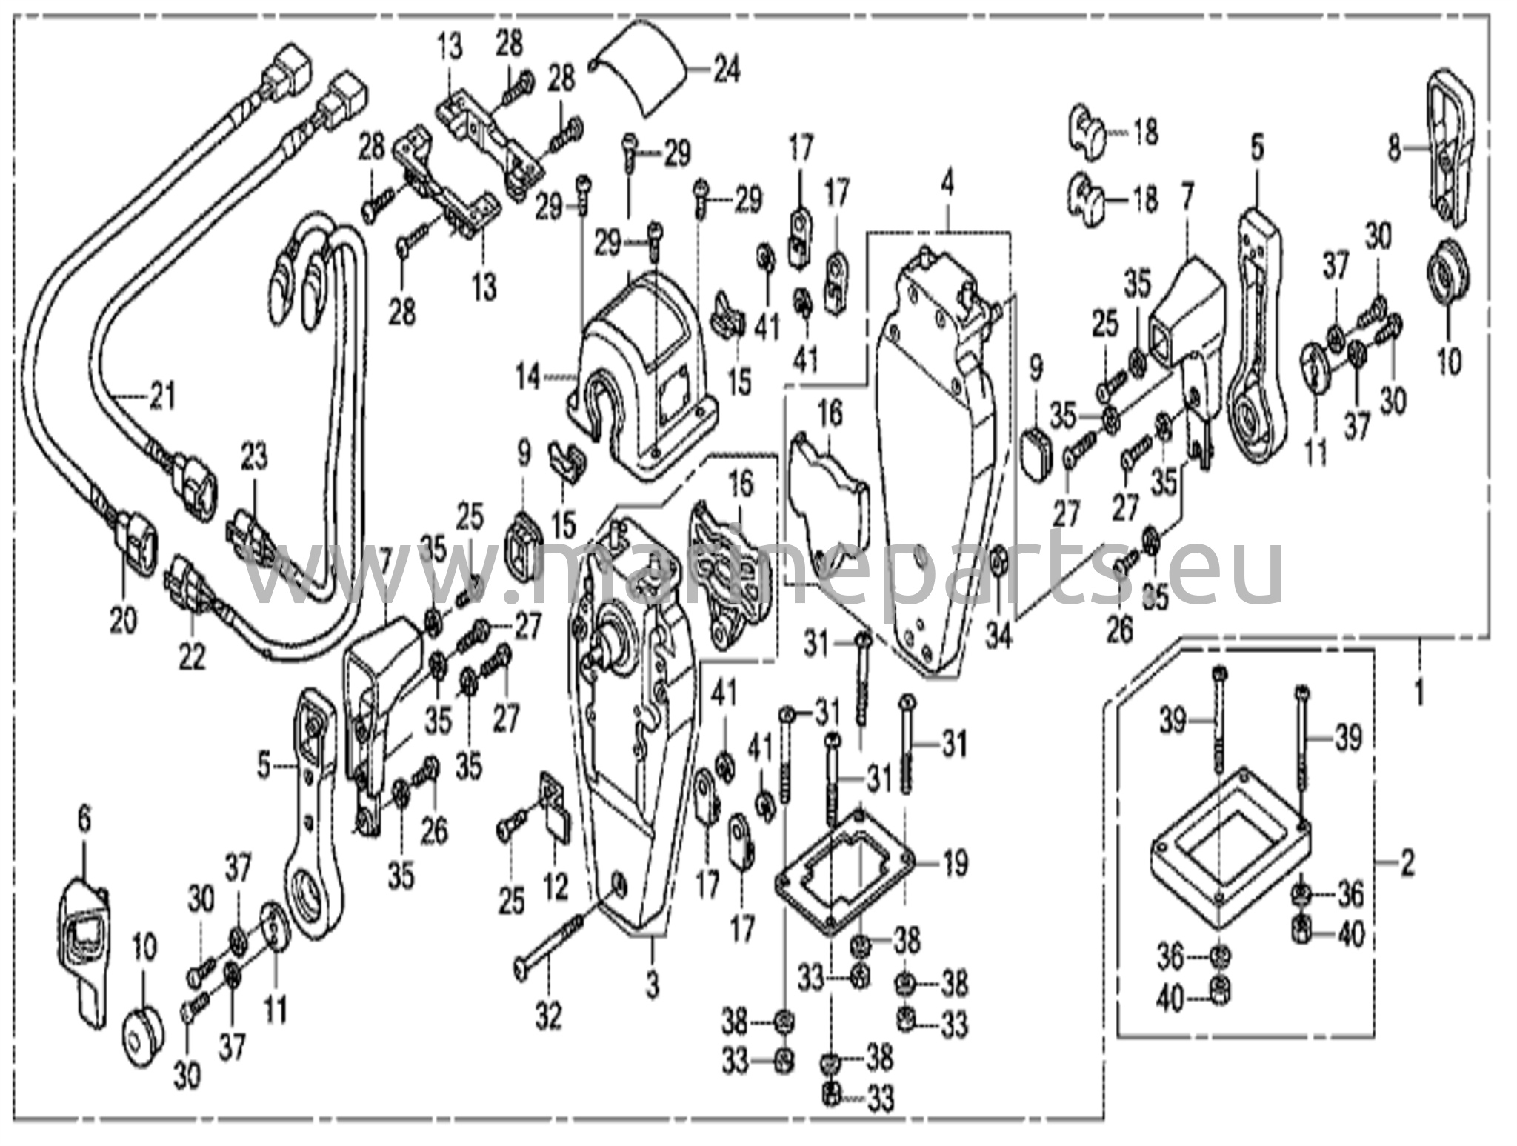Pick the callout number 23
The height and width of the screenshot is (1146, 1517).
(x=254, y=459)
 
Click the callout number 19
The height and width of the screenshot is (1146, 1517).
(x=956, y=863)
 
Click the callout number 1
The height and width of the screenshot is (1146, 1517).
(x=1419, y=694)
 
